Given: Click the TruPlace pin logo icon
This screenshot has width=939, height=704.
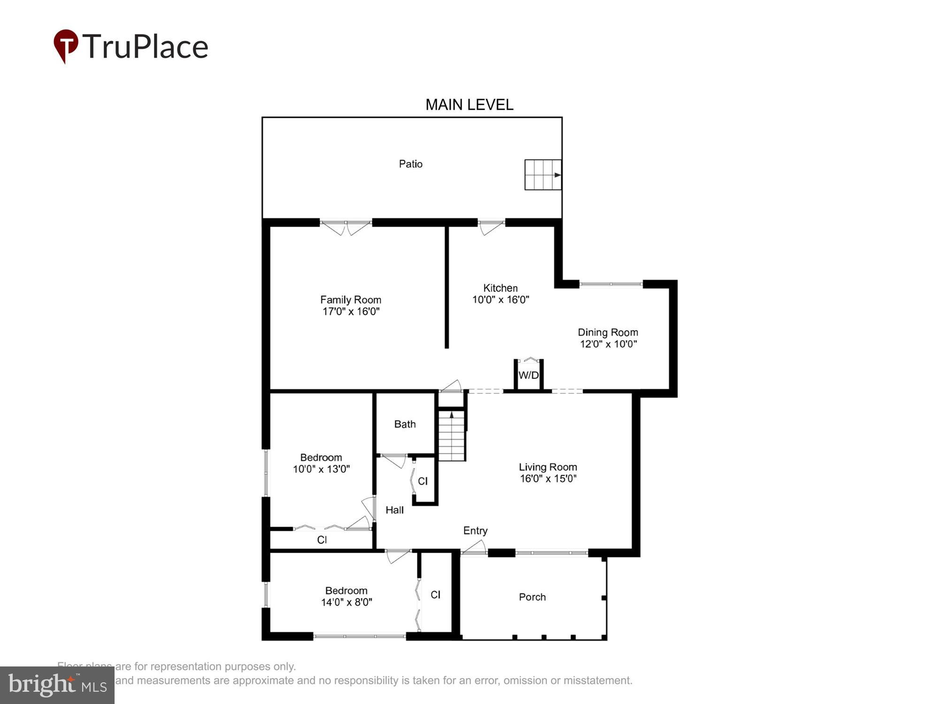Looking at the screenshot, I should [x=66, y=46].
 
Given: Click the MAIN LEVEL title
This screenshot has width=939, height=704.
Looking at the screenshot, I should [x=469, y=105].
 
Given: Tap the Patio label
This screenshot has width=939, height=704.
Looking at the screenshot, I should [x=410, y=164].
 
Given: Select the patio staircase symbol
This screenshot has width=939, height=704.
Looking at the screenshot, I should [x=543, y=175].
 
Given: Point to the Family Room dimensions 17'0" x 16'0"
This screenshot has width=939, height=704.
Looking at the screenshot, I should [x=351, y=311].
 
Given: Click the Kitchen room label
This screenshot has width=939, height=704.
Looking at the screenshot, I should [x=500, y=288].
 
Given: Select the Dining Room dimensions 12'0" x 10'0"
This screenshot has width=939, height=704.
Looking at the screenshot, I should [x=608, y=344].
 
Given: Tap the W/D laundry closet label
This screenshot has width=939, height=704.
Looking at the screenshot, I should [x=529, y=375].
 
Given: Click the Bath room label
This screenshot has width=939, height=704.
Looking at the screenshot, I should [x=405, y=424].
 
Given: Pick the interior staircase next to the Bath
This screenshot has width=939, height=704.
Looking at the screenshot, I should [x=452, y=436].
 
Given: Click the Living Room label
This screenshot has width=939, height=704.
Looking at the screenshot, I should [x=547, y=467].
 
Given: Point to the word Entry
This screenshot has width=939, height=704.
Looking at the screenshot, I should [x=475, y=530].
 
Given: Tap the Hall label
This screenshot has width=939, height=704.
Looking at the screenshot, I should [x=394, y=510].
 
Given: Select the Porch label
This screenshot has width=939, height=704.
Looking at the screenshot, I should [x=532, y=597].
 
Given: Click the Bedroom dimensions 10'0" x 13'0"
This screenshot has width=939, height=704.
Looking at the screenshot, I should [x=321, y=469].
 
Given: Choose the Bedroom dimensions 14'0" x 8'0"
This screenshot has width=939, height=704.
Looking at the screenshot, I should [x=346, y=602].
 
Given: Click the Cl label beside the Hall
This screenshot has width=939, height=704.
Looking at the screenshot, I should [x=423, y=481].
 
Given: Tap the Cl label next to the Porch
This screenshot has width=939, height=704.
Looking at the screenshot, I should [x=435, y=595].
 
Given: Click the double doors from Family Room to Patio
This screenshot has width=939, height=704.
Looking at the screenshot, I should [x=346, y=227].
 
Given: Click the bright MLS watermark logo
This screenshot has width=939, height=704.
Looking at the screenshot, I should [x=57, y=685].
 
